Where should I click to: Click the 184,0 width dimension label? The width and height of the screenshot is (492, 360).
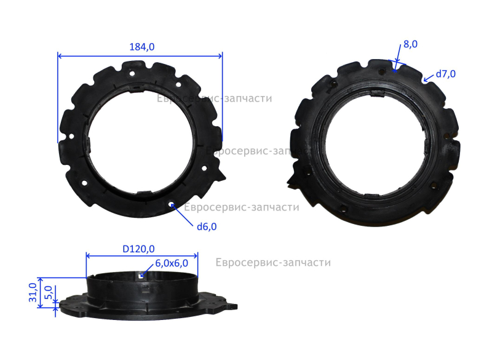click(142, 47)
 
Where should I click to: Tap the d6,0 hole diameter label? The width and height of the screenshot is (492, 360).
click(207, 226)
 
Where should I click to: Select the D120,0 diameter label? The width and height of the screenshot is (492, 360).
click(138, 249)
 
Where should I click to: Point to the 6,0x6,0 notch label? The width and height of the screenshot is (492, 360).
click(172, 263)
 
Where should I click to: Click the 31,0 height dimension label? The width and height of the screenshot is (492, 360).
click(33, 292)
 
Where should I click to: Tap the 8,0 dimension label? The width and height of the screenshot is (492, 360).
click(410, 44)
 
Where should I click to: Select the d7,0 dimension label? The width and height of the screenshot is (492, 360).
click(445, 74)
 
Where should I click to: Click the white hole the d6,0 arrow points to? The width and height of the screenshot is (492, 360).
click(171, 205)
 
